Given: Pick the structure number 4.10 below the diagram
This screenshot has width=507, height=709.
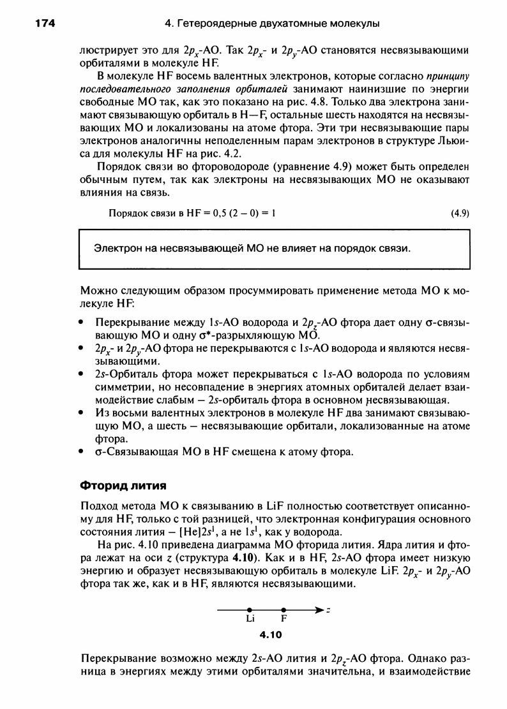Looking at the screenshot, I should [x=271, y=634].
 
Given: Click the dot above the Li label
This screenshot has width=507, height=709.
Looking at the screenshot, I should [x=250, y=610].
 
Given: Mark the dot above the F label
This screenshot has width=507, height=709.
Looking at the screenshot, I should [x=284, y=610].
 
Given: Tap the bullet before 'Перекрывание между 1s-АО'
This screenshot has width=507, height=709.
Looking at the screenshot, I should [x=82, y=323].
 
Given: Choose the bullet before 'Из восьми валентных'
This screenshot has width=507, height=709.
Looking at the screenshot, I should [x=82, y=413].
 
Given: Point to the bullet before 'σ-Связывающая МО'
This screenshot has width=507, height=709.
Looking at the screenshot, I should [x=82, y=452].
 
